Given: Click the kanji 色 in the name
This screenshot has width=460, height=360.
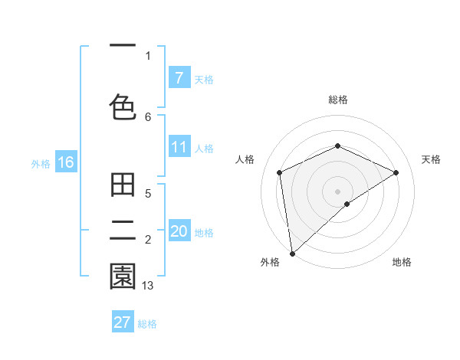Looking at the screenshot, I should (123, 107).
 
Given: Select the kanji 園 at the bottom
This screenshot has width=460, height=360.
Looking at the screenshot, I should (123, 277).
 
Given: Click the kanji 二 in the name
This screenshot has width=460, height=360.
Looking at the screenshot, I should (123, 231).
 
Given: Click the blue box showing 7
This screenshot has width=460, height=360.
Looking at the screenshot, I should (179, 77).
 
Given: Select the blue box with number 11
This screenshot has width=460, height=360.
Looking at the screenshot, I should (179, 147).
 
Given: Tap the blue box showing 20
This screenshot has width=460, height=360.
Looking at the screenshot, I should (179, 231).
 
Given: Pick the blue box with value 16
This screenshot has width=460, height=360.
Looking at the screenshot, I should (66, 162).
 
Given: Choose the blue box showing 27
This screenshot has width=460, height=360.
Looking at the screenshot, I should (123, 322).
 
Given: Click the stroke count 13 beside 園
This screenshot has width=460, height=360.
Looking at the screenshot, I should (148, 285).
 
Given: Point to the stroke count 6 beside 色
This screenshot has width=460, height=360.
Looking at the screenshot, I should (148, 116).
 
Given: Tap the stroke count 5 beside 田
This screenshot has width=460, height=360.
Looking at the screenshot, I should (148, 194).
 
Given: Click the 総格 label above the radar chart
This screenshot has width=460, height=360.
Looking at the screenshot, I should (337, 100).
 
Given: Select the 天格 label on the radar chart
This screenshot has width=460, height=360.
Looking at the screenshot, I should (431, 159).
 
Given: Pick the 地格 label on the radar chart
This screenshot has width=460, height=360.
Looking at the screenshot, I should (402, 262).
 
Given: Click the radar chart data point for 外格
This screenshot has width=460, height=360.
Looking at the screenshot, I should (292, 253).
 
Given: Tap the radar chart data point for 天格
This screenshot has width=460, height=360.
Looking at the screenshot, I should (396, 172).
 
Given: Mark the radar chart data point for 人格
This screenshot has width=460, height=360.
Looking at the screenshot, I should (280, 172).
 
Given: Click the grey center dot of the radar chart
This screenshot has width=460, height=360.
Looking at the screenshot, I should (337, 191).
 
